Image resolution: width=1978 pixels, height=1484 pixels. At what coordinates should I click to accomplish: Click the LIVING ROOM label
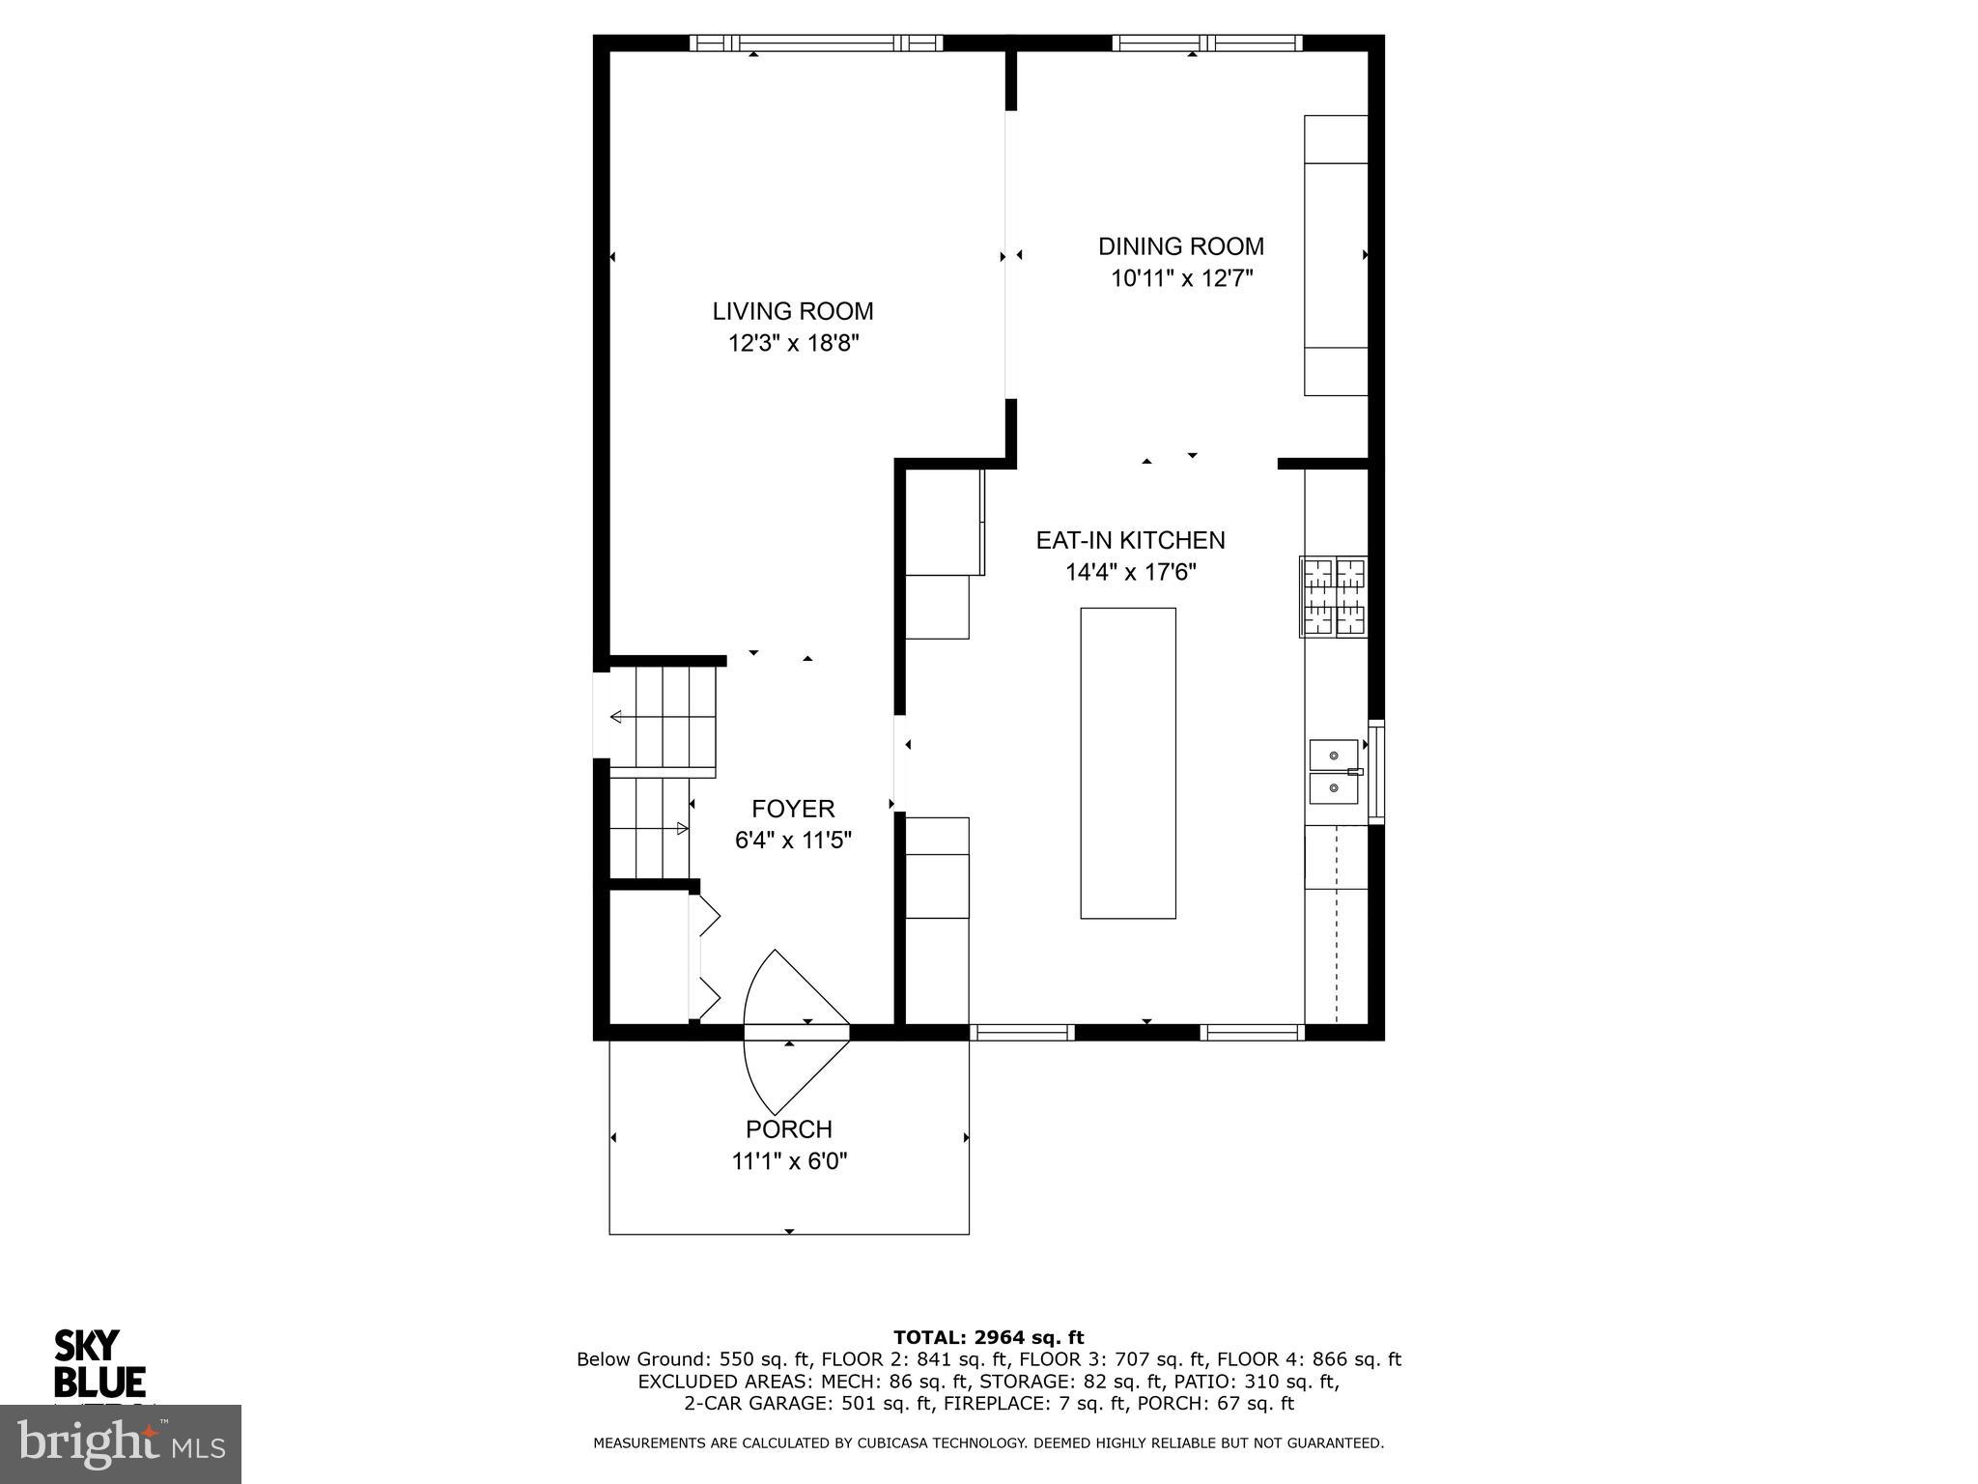792,311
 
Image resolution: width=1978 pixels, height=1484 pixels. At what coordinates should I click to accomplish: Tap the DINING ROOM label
1180,246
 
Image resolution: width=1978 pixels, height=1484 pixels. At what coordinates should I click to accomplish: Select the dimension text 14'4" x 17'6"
1130,573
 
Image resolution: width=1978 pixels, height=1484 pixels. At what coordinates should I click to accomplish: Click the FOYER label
793,809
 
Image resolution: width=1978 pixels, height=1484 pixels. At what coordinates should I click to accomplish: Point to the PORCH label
788,1128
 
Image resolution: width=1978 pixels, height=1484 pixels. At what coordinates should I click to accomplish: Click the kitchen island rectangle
1127,762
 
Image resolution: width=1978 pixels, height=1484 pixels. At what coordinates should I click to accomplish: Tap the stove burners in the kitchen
1334,597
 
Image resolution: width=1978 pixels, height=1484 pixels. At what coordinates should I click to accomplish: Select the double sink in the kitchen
1333,771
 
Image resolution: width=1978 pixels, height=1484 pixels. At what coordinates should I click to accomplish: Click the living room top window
816,43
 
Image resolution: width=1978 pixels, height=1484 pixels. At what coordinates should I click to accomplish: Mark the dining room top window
1206,43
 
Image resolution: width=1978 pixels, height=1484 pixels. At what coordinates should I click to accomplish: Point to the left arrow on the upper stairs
616,717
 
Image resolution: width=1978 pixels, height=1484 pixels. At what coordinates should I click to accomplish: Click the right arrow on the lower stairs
682,828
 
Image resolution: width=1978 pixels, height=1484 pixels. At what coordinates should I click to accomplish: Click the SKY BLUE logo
99,1363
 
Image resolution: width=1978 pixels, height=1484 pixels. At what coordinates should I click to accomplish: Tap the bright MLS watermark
121,1443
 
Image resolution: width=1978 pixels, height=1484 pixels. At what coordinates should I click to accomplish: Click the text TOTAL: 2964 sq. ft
988,1338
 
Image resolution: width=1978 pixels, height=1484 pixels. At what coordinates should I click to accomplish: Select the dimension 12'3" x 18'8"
793,343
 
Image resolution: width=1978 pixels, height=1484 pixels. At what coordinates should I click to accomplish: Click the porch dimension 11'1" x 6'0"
789,1161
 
